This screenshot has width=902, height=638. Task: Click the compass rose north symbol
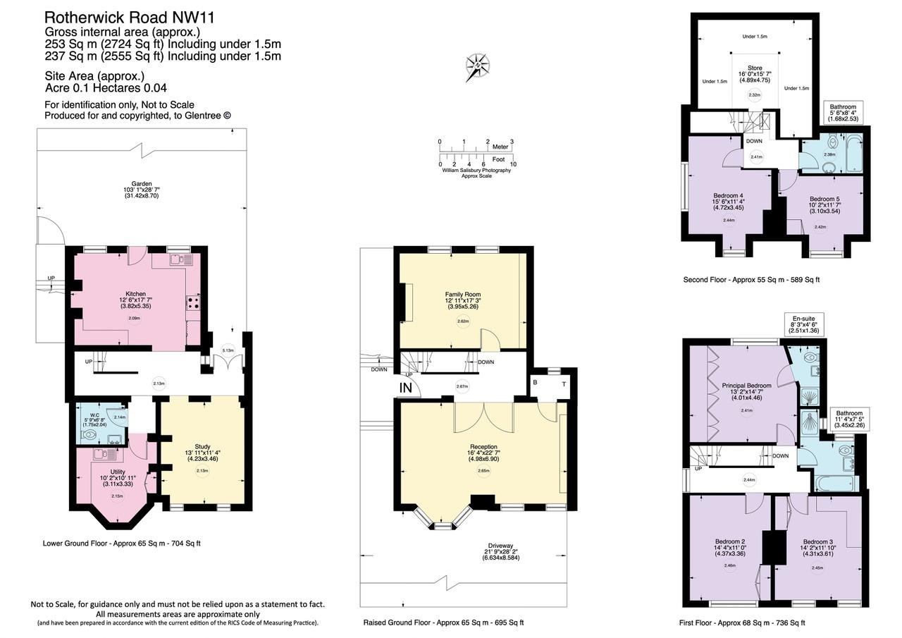coord(478,67)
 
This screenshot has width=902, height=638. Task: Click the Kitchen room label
coord(135,294)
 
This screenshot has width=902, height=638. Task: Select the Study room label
coord(203,446)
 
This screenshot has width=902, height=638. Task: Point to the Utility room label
coord(118,472)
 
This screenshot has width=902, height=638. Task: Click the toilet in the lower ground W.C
coord(89,435)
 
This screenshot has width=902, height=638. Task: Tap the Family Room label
coord(462,294)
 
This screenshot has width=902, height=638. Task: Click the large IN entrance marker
coord(406,388)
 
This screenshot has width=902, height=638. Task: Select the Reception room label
coord(483,447)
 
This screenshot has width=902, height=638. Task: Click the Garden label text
coord(142,184)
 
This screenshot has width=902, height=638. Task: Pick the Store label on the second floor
coord(754,68)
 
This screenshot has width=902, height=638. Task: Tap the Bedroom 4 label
coord(728,195)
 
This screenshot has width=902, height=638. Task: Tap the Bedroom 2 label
coord(729,542)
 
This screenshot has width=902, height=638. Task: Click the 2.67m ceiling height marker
coord(462,386)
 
